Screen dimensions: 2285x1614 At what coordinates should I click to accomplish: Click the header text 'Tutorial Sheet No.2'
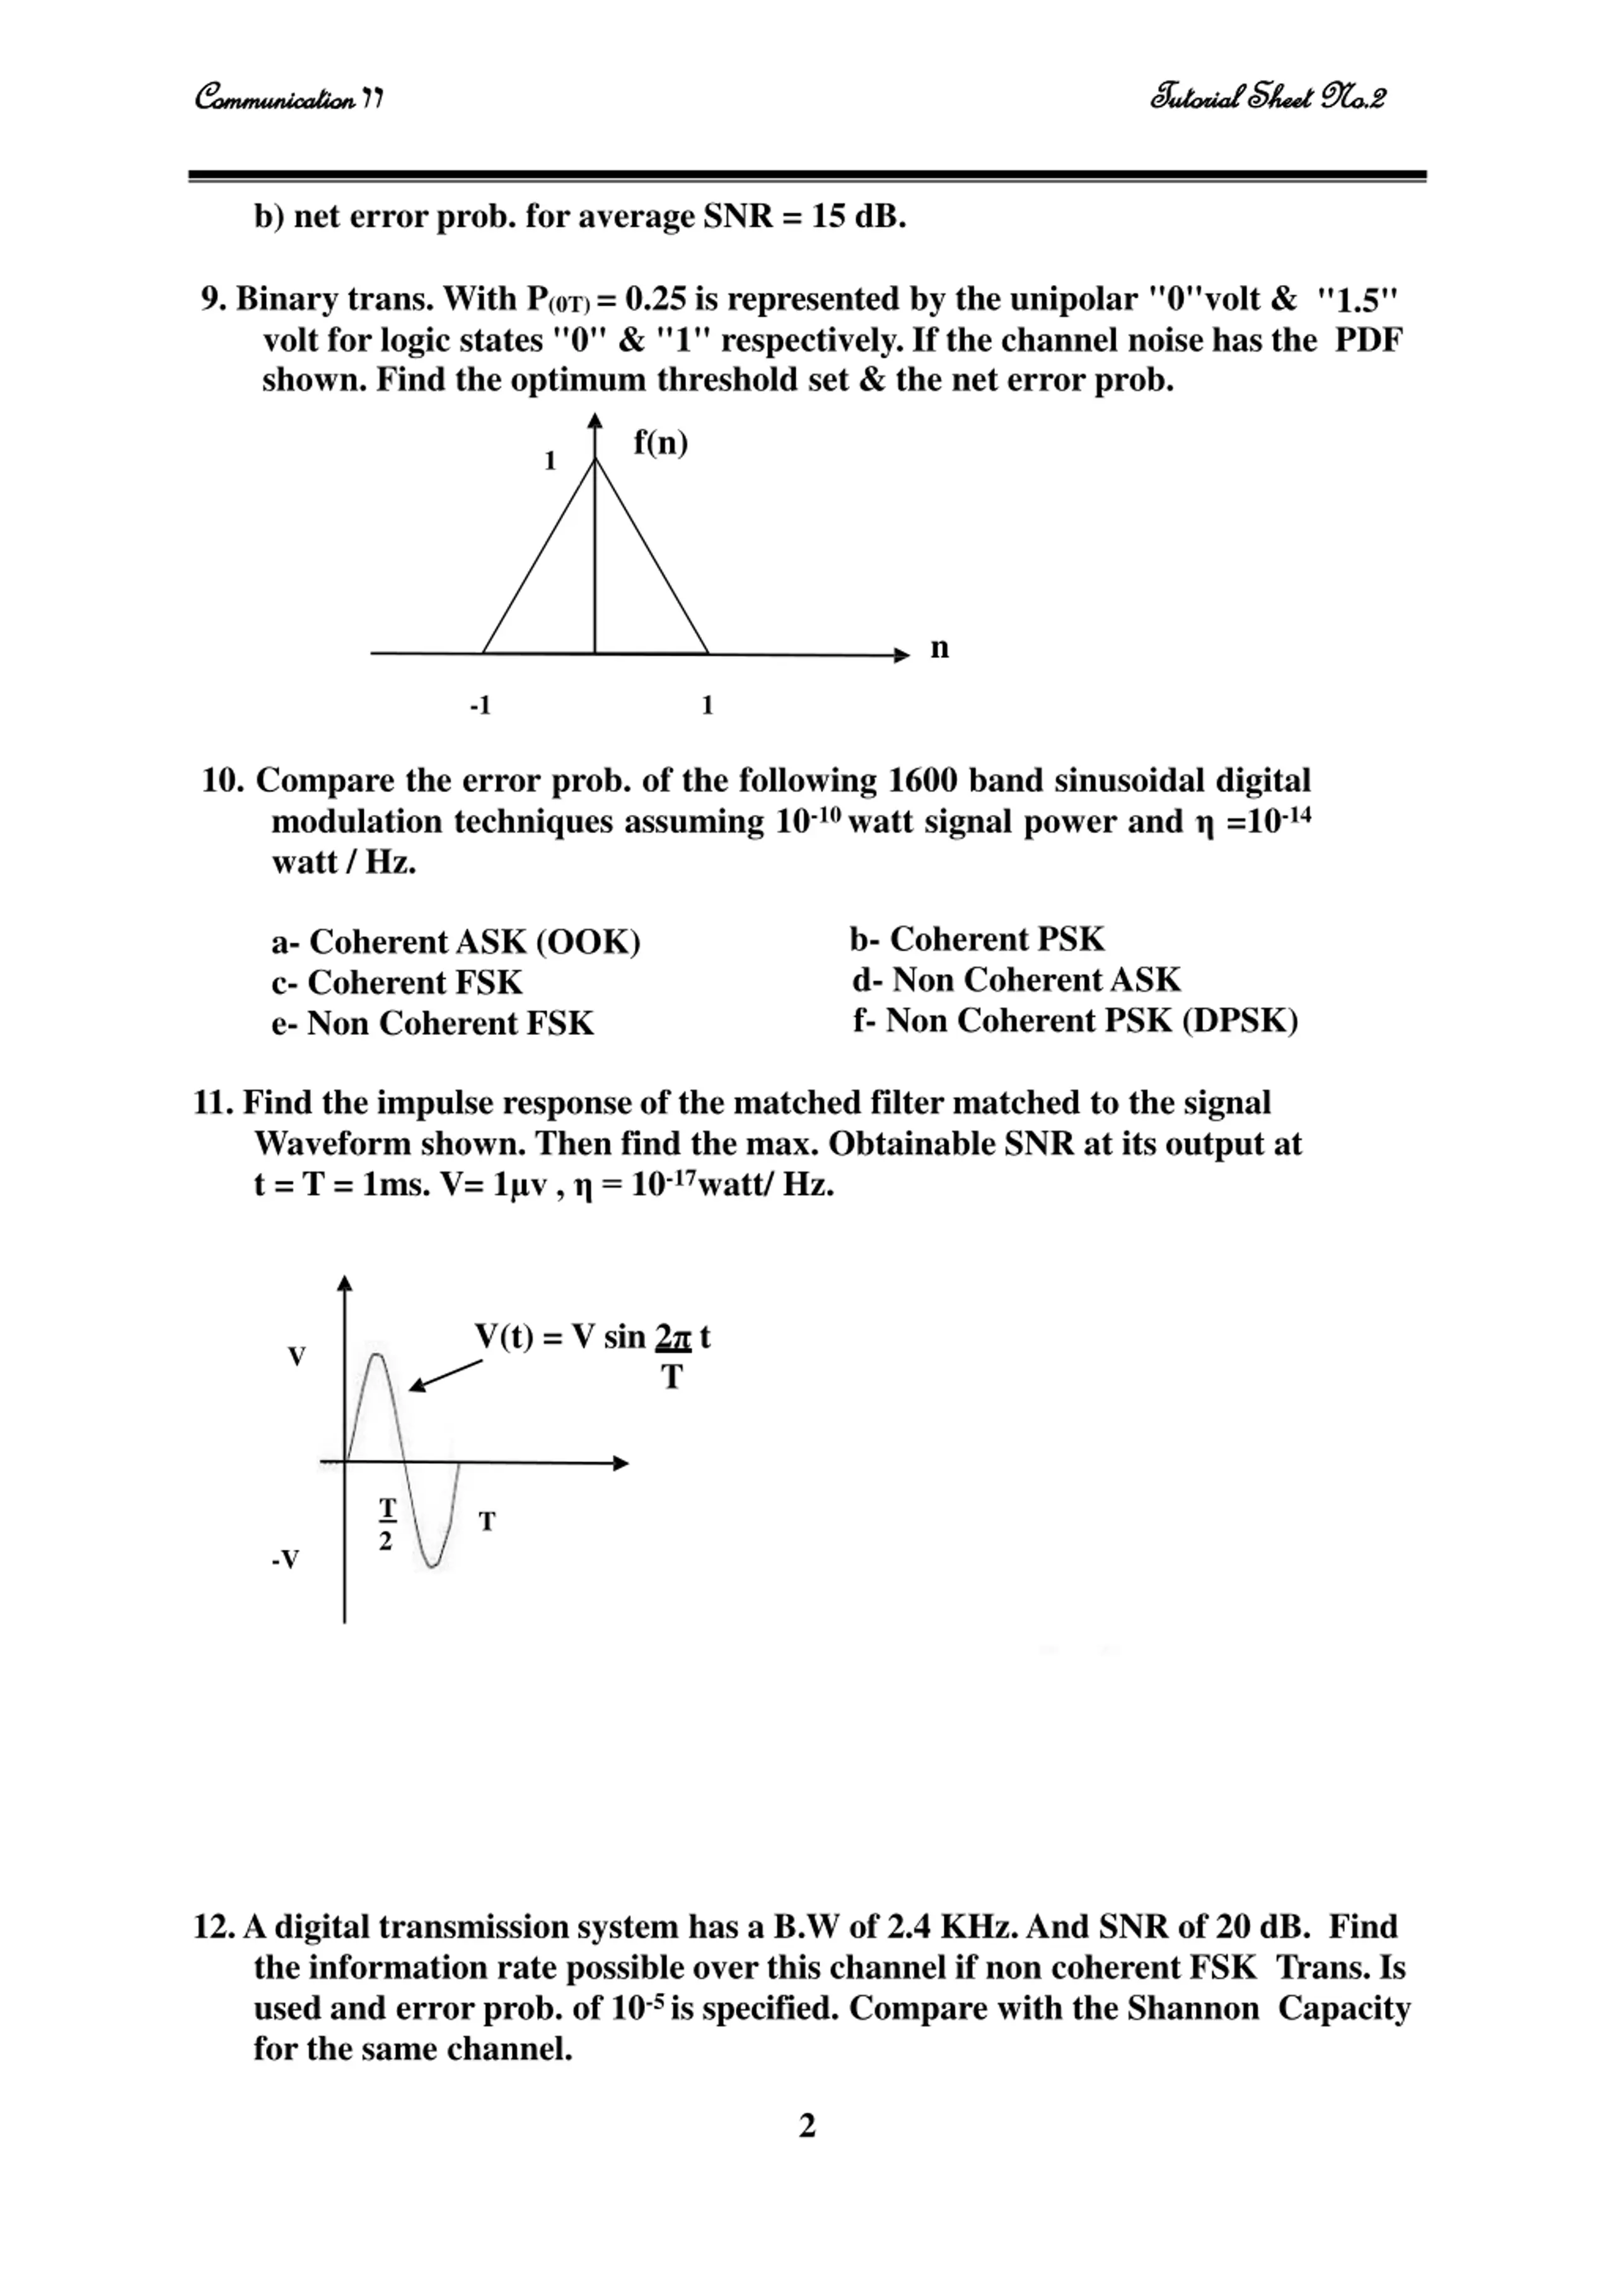click(x=1267, y=98)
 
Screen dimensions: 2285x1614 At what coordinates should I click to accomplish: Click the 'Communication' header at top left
click(x=287, y=98)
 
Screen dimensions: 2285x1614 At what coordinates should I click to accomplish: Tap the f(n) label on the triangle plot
click(x=661, y=443)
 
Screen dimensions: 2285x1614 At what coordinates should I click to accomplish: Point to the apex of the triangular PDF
click(x=595, y=460)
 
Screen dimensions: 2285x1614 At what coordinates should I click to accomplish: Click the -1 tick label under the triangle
click(x=480, y=706)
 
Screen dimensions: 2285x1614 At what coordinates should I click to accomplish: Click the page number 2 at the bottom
click(x=807, y=2126)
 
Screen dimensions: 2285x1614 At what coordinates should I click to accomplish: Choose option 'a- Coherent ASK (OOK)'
click(x=456, y=942)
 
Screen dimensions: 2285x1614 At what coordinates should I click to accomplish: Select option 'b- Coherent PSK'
click(x=977, y=938)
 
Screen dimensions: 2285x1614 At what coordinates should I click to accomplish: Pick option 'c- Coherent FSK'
click(x=397, y=982)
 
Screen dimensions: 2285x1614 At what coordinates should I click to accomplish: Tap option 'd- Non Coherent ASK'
click(x=1016, y=979)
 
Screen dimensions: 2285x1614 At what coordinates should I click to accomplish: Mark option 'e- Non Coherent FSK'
click(x=433, y=1023)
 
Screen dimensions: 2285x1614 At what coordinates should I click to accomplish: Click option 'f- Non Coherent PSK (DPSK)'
click(x=1075, y=1020)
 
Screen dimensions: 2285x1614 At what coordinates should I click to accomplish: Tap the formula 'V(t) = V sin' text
click(x=559, y=1336)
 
